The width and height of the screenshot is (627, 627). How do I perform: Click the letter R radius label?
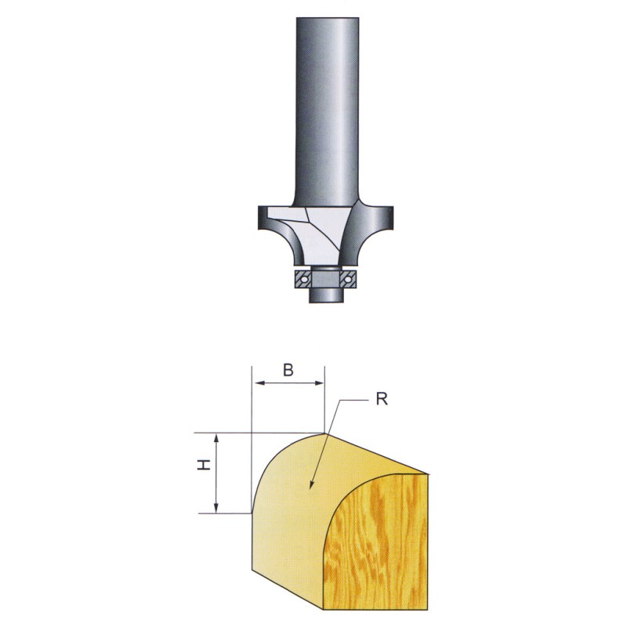pos(382,399)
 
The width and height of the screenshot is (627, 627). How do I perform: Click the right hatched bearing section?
pos(348,279)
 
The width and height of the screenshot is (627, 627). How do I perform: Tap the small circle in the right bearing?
pos(348,279)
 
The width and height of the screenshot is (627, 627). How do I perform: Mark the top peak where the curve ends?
pos(324,433)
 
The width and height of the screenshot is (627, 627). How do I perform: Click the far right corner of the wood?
pos(429,474)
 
